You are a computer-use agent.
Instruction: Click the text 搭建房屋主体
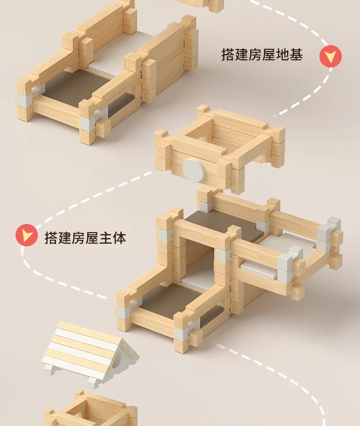click(x=85, y=238)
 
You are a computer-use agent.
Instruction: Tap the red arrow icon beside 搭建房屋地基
click(x=330, y=57)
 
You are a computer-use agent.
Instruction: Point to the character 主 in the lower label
click(x=106, y=238)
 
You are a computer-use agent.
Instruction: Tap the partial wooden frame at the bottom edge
click(x=91, y=410)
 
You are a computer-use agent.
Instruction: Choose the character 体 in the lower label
click(x=120, y=238)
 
